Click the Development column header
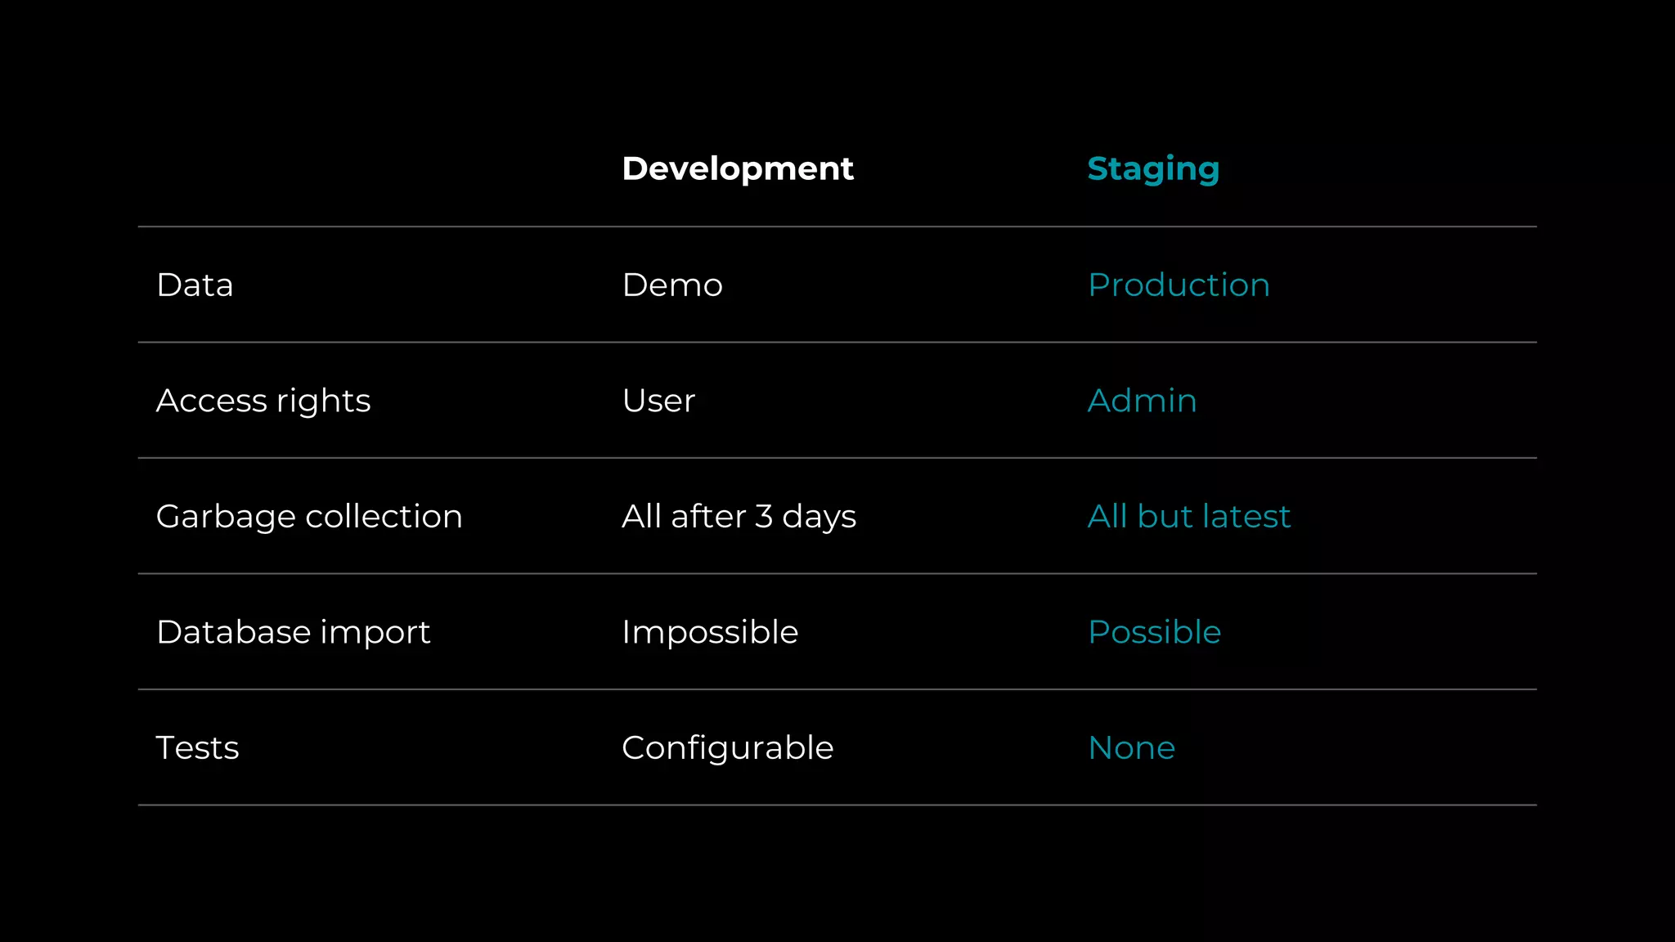(x=737, y=168)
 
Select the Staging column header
(x=1153, y=169)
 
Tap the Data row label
(x=195, y=285)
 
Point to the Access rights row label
(x=263, y=401)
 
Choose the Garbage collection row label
(x=309, y=517)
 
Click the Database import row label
(x=293, y=632)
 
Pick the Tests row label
(x=197, y=747)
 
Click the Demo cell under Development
(x=672, y=285)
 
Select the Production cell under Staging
(x=1179, y=285)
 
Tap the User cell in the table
(x=658, y=401)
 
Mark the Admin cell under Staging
(x=1142, y=401)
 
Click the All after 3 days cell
(x=739, y=517)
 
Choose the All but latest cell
(x=1189, y=517)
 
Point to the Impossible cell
(x=710, y=632)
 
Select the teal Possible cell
(x=1154, y=632)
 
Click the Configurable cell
(x=727, y=747)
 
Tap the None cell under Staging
(x=1131, y=747)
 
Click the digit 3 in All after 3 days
(x=764, y=517)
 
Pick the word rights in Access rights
(x=323, y=401)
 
